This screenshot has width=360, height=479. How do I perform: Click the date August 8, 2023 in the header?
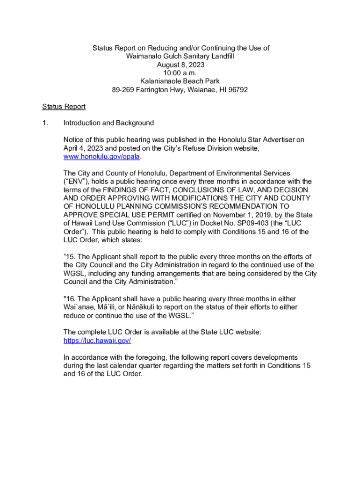tap(180, 65)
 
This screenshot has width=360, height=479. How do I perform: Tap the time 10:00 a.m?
tap(180, 73)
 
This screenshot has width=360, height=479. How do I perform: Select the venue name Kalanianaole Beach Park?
tap(180, 81)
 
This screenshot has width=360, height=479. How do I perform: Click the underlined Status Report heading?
tap(64, 107)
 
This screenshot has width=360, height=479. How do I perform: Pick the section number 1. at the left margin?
tap(45, 123)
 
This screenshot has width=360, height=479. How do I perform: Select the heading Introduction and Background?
tap(108, 123)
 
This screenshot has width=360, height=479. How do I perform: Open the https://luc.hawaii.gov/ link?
tap(97, 341)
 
